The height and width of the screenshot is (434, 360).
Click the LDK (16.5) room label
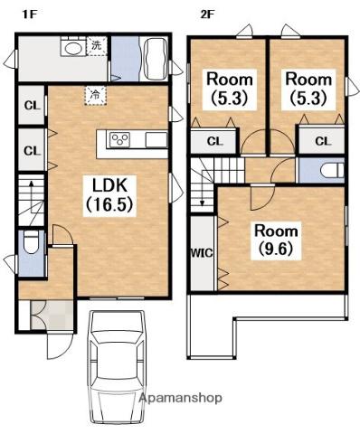109,195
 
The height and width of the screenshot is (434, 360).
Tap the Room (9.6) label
276,241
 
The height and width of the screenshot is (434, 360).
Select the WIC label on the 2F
202,253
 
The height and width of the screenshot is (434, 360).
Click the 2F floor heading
207,14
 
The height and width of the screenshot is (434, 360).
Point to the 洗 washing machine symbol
97,46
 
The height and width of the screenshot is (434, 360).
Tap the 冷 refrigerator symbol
95,95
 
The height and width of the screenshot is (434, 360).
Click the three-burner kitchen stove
120,140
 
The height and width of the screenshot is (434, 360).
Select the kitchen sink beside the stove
156,140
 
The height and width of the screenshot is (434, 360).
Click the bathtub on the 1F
156,59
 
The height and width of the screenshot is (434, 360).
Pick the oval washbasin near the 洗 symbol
74,48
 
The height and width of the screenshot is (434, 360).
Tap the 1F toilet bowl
31,242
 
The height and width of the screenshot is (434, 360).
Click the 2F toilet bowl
332,170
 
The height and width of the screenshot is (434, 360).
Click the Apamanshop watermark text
181,398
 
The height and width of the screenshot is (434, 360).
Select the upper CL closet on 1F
32,106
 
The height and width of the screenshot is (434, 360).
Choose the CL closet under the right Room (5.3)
322,141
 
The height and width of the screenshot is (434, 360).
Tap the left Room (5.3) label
230,89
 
